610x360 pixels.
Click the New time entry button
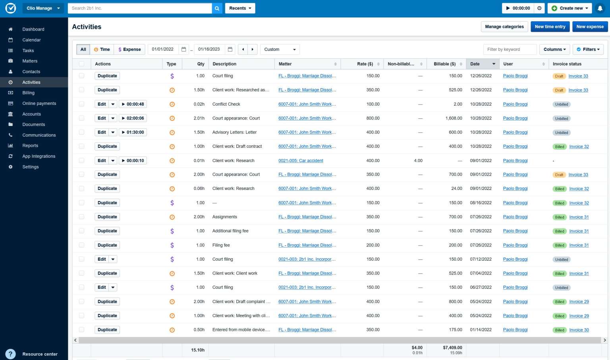pyautogui.click(x=550, y=27)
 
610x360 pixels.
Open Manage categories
pyautogui.click(x=504, y=27)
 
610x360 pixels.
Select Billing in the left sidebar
pyautogui.click(x=29, y=93)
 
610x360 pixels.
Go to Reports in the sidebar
pyautogui.click(x=30, y=145)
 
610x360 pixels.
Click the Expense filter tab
pyautogui.click(x=129, y=49)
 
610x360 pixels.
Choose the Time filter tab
pyautogui.click(x=102, y=49)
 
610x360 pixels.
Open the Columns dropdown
pyautogui.click(x=554, y=49)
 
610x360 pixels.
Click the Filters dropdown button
pyautogui.click(x=588, y=49)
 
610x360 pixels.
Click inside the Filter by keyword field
pyautogui.click(x=510, y=49)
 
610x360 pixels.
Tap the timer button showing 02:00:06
pyautogui.click(x=133, y=118)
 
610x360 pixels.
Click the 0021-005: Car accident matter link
pyautogui.click(x=301, y=161)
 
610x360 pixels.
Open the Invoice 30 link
pyautogui.click(x=579, y=330)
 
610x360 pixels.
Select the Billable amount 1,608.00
pyautogui.click(x=454, y=118)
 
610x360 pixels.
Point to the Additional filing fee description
pyautogui.click(x=230, y=231)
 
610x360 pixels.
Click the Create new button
pyautogui.click(x=570, y=8)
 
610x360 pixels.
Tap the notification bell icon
pyautogui.click(x=600, y=8)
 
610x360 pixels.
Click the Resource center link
pyautogui.click(x=40, y=354)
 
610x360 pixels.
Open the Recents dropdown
pyautogui.click(x=240, y=8)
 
